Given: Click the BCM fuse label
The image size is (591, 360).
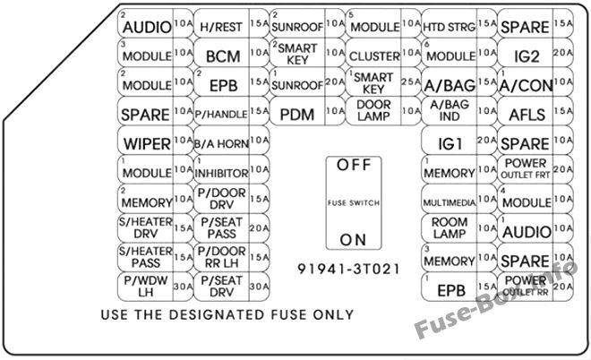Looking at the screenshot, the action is click(x=223, y=56).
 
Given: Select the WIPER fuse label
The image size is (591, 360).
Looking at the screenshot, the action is click(x=147, y=144).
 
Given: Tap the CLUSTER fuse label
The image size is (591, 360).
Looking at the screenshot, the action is click(x=374, y=56).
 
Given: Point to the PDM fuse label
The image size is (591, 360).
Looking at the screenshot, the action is click(x=297, y=115).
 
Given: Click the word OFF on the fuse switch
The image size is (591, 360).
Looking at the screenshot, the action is click(x=354, y=165).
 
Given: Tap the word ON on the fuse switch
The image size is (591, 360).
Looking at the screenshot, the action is click(x=353, y=240).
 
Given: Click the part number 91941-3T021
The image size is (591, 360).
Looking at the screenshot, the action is click(x=348, y=270).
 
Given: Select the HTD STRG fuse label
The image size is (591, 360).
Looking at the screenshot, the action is click(x=449, y=27).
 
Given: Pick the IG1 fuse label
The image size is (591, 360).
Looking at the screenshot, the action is click(x=450, y=144).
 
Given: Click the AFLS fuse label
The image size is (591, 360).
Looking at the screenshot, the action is click(x=527, y=115).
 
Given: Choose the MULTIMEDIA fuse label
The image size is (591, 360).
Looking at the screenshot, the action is click(x=449, y=202).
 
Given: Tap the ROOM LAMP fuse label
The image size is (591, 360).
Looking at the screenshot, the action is click(x=449, y=227).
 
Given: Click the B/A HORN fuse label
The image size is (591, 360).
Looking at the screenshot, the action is click(x=221, y=144).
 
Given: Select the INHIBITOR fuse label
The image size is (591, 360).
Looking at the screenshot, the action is click(x=221, y=174).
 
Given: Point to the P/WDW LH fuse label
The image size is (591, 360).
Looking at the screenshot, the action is click(x=145, y=286).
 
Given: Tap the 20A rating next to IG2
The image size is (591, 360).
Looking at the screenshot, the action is click(x=562, y=53).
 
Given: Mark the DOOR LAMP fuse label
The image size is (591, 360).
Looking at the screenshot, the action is click(x=373, y=110).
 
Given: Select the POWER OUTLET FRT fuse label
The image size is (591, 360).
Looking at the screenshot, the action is click(x=526, y=169).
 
